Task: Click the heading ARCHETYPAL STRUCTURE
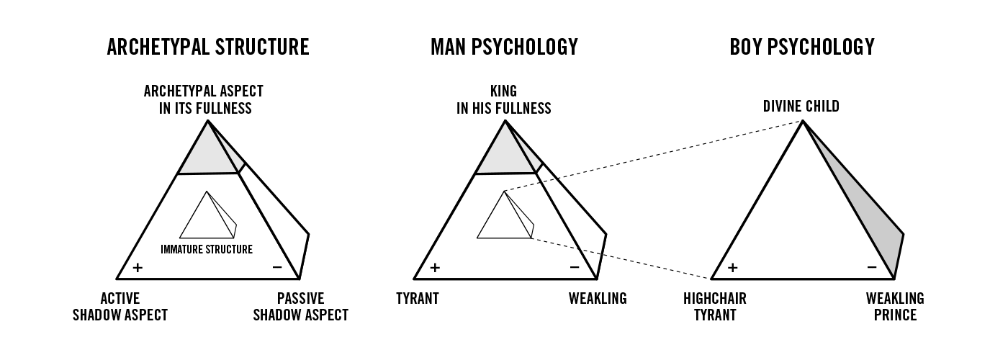point(208,48)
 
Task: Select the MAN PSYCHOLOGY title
point(504,48)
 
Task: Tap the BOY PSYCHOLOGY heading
point(801,48)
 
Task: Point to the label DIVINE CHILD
point(801,107)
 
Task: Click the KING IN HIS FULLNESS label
point(503,100)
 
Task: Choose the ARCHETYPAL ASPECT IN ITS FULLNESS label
point(204,100)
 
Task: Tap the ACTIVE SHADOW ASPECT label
point(120,307)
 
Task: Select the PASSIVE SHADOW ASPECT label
point(300,307)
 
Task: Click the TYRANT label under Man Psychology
point(418,299)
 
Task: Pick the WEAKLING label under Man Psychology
point(598,299)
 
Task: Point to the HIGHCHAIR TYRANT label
point(715,307)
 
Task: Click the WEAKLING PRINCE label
point(895,307)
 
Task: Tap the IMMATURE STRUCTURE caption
point(207,250)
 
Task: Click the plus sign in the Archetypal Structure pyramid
point(138,268)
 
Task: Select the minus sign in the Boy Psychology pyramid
point(871,268)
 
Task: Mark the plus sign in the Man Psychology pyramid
point(435,268)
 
